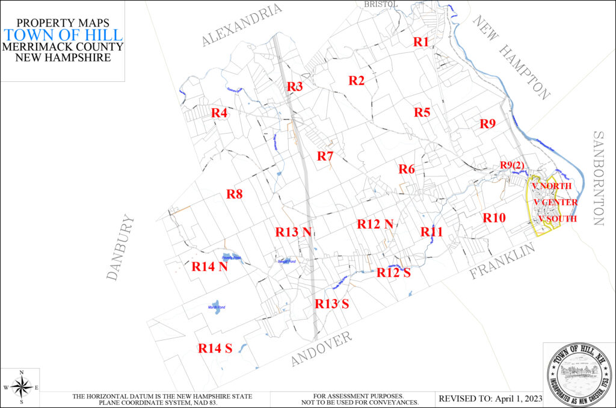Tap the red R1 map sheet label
(421, 42)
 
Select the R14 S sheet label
(215, 348)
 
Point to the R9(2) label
(513, 165)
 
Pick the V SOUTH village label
(558, 219)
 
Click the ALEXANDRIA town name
(242, 25)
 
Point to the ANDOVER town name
(321, 349)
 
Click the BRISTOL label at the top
(381, 4)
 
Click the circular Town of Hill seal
(579, 374)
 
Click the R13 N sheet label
(293, 232)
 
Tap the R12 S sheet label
(393, 272)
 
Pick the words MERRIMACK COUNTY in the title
(63, 47)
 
